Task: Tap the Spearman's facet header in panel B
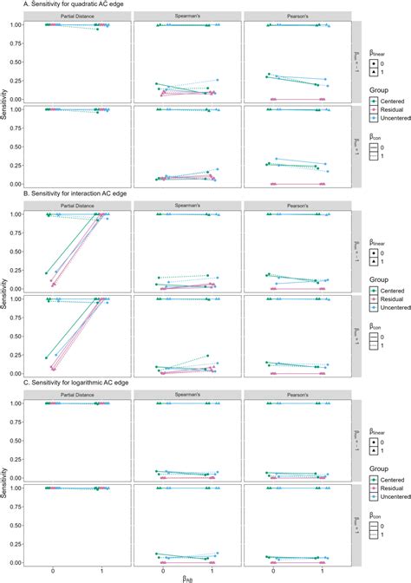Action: pos(188,206)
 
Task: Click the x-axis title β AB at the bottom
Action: pos(188,577)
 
